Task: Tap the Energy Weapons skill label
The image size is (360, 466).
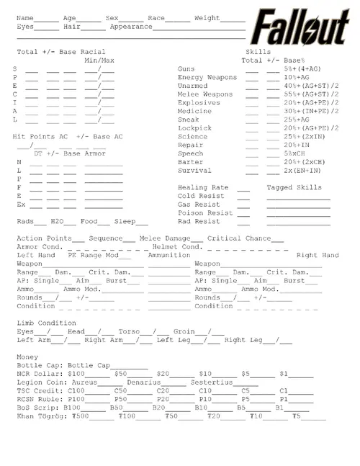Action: (207, 77)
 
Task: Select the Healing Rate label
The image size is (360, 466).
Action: (203, 187)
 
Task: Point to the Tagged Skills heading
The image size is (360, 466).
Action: (294, 187)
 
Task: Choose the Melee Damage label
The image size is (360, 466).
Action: (165, 238)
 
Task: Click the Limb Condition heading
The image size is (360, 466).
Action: (46, 323)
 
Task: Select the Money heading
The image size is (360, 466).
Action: (28, 357)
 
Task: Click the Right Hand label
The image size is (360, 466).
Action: (317, 255)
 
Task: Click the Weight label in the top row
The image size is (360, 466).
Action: (207, 17)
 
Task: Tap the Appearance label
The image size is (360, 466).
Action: (131, 26)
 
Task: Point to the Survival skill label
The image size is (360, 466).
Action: (194, 171)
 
